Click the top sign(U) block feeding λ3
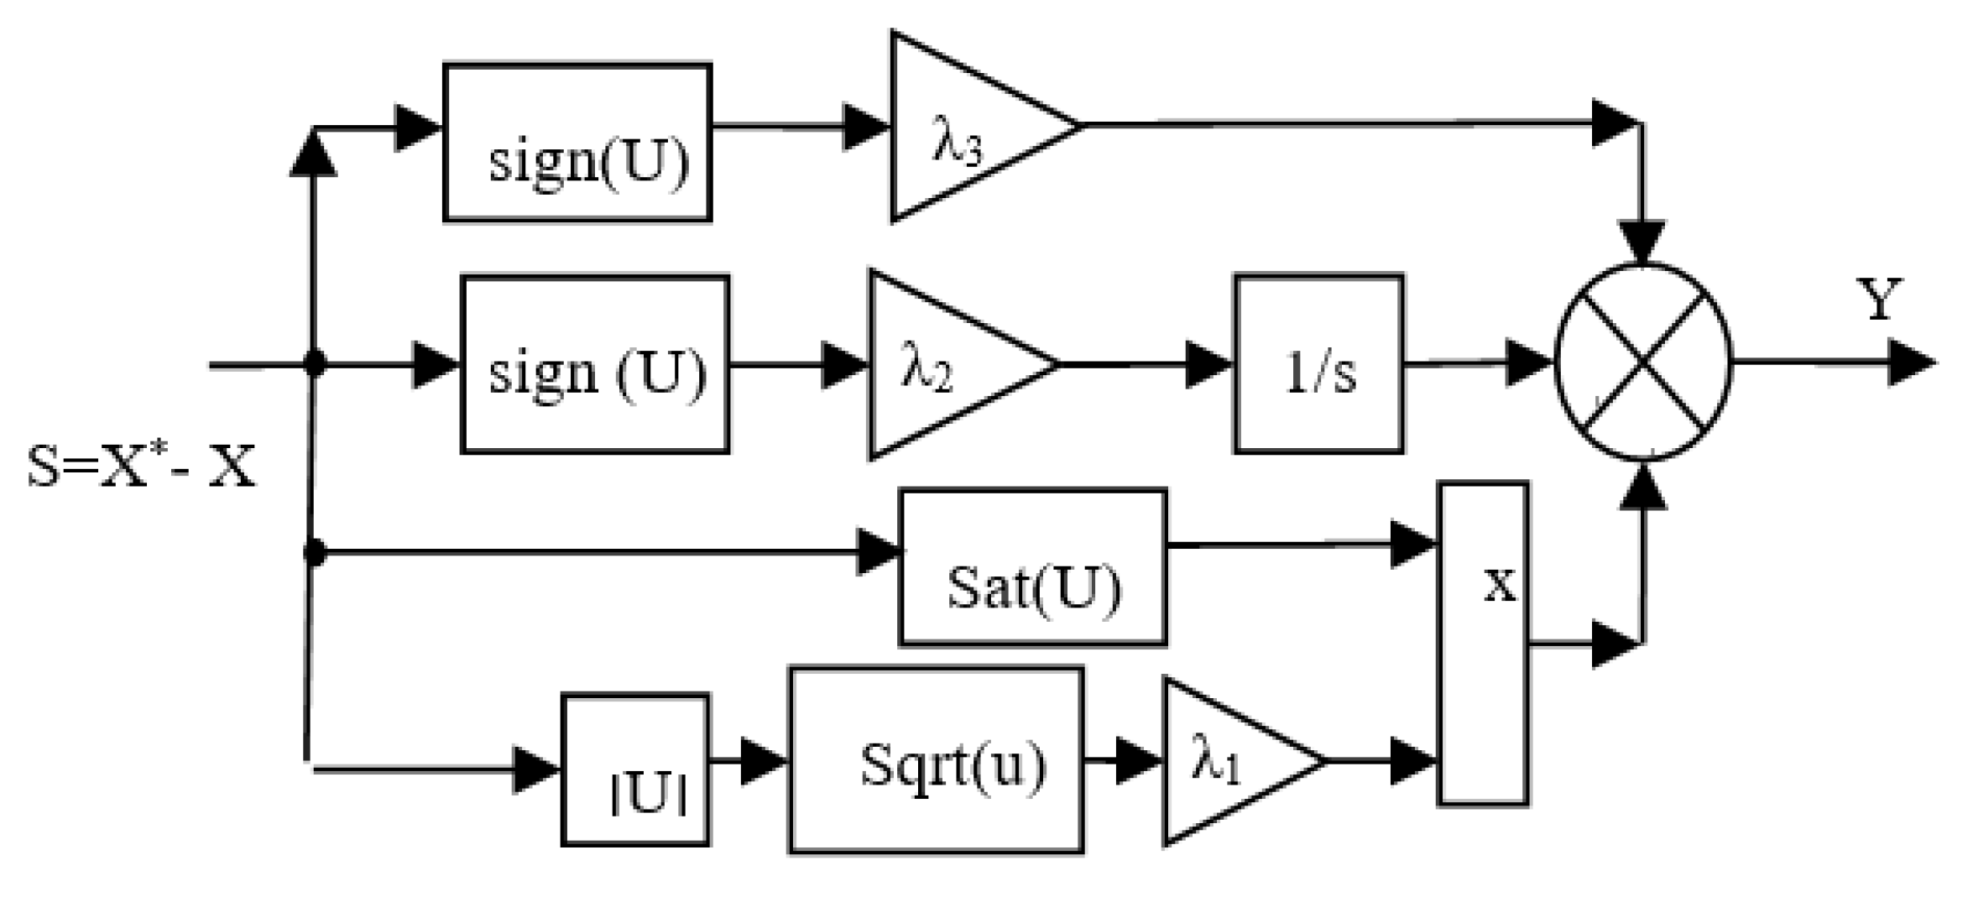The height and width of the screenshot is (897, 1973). pyautogui.click(x=577, y=143)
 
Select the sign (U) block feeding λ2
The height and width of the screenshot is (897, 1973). pyautogui.click(x=594, y=365)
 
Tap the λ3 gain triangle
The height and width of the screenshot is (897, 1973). pyautogui.click(x=965, y=128)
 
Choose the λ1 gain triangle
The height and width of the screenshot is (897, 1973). pyautogui.click(x=1225, y=761)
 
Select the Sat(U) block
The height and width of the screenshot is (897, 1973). pyautogui.click(x=1032, y=568)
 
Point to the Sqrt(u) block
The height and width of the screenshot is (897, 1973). pyautogui.click(x=936, y=761)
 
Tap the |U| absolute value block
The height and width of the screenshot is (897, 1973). pyautogui.click(x=635, y=770)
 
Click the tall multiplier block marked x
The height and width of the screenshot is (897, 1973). pyautogui.click(x=1483, y=644)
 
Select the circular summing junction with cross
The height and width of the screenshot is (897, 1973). pyautogui.click(x=1642, y=362)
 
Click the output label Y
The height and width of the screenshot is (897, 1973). pyautogui.click(x=1878, y=300)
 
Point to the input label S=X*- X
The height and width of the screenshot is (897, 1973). pyautogui.click(x=141, y=467)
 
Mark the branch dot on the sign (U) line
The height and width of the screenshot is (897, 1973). pyautogui.click(x=315, y=364)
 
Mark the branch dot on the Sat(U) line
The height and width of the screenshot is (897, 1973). pyautogui.click(x=314, y=552)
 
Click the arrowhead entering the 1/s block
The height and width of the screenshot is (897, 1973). pyautogui.click(x=1208, y=365)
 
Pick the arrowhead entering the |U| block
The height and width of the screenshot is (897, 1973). pyautogui.click(x=535, y=769)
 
